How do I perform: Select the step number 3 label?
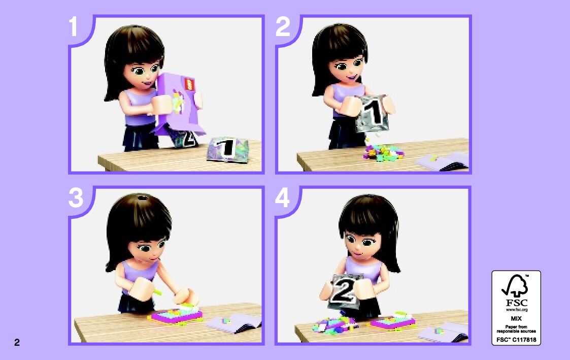point(76,198)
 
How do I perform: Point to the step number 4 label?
point(282,198)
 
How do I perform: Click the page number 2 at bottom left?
point(17,342)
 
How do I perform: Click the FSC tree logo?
point(515,286)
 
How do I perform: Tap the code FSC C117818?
point(516,340)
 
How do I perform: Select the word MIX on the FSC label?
point(516,318)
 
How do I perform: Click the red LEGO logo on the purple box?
point(189,84)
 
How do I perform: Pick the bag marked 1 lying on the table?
point(227,149)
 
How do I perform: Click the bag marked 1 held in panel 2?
point(373,114)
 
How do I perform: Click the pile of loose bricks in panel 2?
point(383,152)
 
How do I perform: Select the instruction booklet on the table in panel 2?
point(442,161)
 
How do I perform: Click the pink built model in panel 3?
point(175,315)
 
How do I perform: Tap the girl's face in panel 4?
point(362,243)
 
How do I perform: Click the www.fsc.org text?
point(516,310)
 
